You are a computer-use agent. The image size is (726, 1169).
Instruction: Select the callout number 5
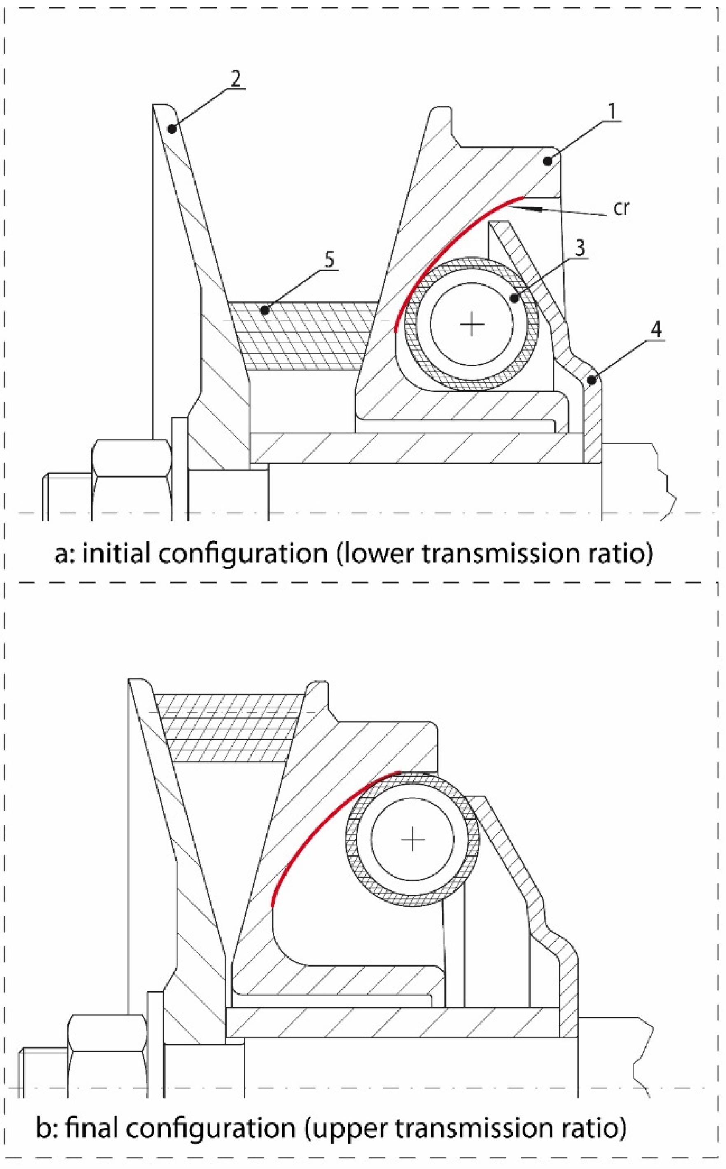click(329, 260)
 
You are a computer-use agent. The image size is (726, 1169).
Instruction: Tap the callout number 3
click(580, 248)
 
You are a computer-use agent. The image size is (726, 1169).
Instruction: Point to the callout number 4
click(656, 330)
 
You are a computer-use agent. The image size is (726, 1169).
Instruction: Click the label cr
click(621, 208)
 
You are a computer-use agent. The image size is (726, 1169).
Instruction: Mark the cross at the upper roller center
click(472, 325)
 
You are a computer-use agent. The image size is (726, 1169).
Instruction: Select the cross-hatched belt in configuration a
click(303, 335)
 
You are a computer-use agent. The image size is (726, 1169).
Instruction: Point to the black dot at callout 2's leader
click(171, 129)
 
